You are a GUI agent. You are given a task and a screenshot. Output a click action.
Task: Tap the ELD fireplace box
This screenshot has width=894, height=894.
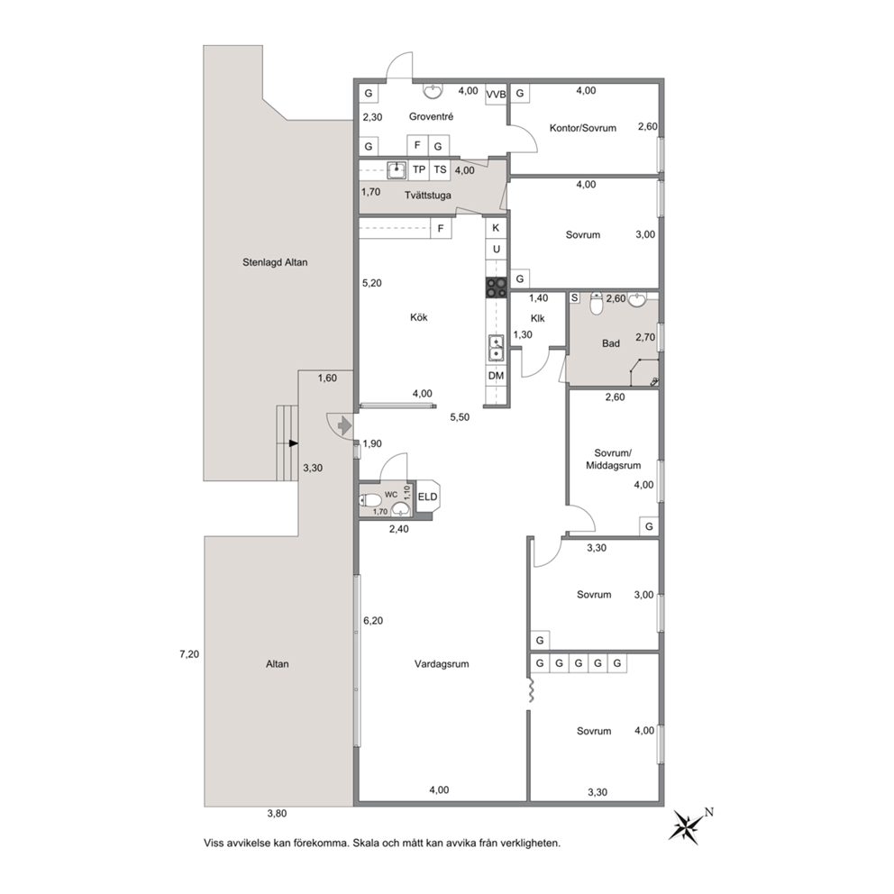tap(427, 497)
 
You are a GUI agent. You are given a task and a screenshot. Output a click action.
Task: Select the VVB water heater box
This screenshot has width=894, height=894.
tap(496, 94)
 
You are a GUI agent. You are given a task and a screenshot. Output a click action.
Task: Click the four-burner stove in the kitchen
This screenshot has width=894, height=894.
tap(496, 287)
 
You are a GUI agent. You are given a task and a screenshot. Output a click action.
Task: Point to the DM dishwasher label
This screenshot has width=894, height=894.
tap(496, 375)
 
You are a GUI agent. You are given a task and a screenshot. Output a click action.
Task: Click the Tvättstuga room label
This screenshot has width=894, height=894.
tap(427, 196)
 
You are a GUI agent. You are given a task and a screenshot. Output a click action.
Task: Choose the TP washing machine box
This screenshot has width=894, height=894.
tap(419, 169)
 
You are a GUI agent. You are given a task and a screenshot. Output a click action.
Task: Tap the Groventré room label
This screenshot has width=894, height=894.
tap(431, 117)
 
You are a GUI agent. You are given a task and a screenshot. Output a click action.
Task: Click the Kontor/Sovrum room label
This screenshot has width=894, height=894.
tap(583, 128)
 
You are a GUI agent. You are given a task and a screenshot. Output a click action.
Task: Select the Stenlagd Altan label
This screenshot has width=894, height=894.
tap(275, 262)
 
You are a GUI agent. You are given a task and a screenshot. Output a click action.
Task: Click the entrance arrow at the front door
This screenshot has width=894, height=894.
tap(343, 424)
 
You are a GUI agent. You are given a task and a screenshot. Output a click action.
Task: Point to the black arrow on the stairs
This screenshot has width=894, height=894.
tap(293, 443)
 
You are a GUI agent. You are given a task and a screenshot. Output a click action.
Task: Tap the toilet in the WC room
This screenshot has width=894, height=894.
tap(370, 500)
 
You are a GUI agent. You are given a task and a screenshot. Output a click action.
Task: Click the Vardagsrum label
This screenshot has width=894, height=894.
tap(442, 663)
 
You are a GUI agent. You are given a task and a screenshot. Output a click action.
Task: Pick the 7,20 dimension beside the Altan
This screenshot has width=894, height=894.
tap(189, 654)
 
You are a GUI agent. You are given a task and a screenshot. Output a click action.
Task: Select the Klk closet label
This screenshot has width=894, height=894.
tap(537, 318)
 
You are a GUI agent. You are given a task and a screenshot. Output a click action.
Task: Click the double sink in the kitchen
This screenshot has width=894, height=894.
tap(496, 349)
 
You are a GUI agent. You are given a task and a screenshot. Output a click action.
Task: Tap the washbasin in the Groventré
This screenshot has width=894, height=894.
tap(433, 91)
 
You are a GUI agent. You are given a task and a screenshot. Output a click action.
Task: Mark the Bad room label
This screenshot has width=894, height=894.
tap(611, 343)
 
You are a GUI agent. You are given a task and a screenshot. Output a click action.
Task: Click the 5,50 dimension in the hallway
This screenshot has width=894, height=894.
tap(460, 417)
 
